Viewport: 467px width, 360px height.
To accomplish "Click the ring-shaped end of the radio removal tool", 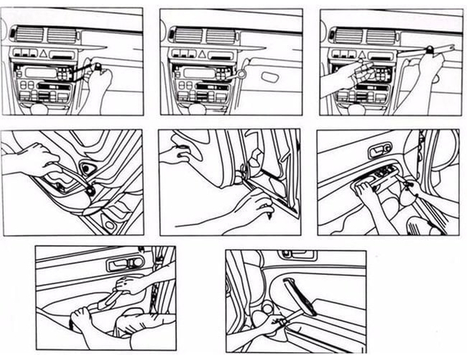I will (x=240, y=74).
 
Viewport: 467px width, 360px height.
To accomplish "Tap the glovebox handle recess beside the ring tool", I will (x=269, y=77).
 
